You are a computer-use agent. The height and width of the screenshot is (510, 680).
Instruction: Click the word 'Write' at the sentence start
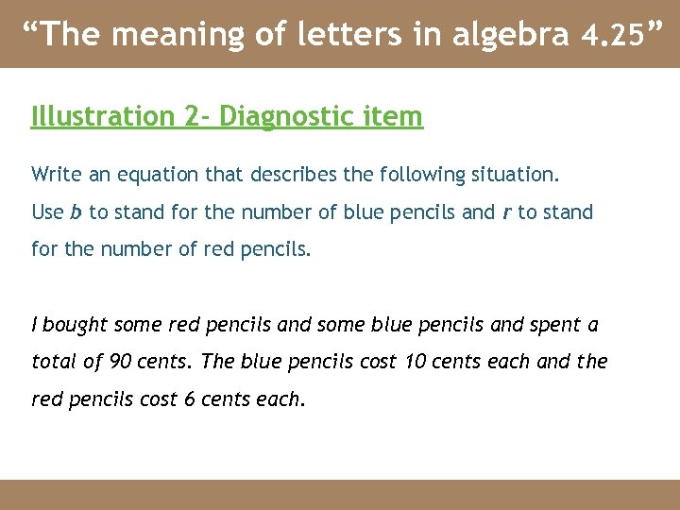55,174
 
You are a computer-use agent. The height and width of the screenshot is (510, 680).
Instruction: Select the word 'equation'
147,174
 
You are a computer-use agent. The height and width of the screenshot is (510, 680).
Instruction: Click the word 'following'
423,175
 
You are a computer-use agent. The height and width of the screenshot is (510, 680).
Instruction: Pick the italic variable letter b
76,212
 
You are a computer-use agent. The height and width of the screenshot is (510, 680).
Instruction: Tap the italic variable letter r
506,212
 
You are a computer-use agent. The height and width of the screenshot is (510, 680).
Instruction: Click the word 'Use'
47,212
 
